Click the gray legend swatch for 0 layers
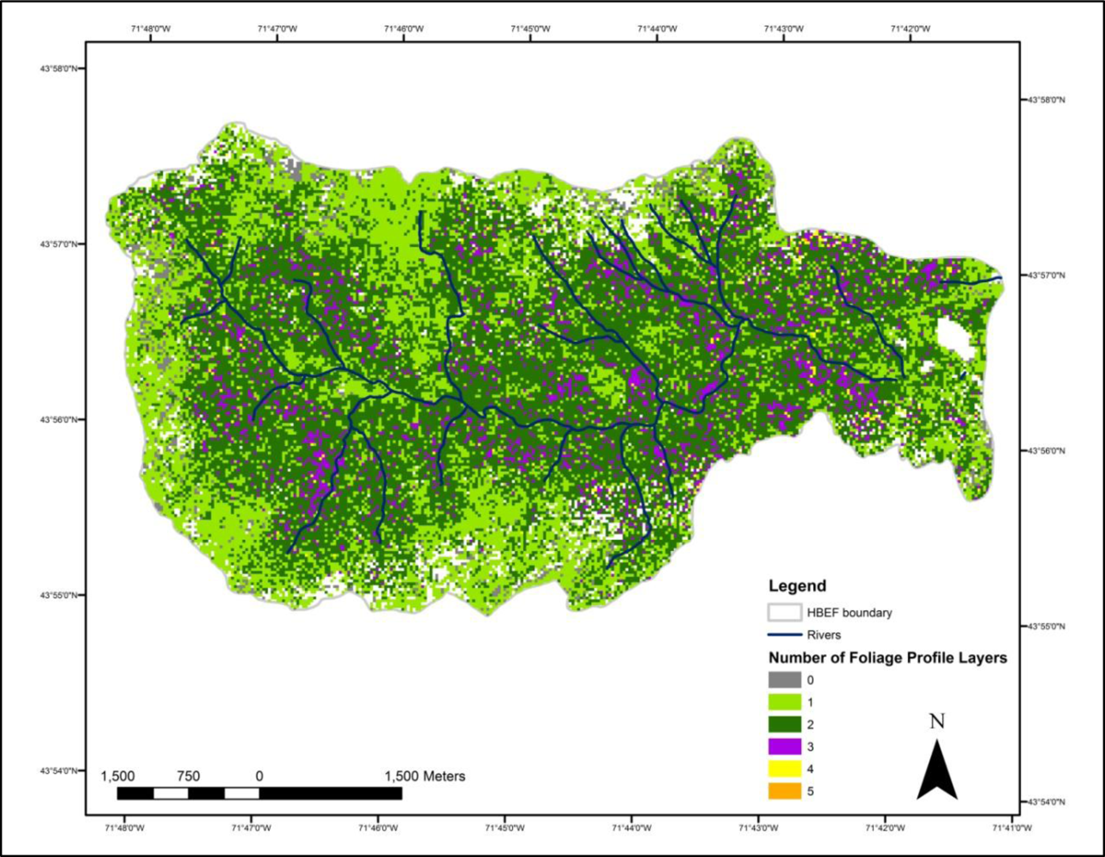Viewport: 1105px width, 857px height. [784, 680]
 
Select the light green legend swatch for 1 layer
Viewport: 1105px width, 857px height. [784, 703]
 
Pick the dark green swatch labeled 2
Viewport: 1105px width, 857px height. [784, 725]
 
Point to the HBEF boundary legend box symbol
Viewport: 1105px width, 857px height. [784, 613]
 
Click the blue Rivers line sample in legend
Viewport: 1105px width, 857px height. [784, 635]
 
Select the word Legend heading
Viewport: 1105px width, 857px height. [797, 586]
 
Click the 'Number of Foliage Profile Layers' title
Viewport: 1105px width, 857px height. [887, 658]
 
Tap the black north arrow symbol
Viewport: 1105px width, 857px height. [937, 771]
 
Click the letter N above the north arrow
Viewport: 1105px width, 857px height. [937, 722]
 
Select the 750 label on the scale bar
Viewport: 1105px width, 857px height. [188, 776]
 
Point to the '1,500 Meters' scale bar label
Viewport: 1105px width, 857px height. [425, 776]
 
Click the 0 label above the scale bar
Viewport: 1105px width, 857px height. [259, 776]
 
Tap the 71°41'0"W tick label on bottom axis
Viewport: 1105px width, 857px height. [1012, 828]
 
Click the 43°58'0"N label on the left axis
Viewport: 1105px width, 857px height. [60, 69]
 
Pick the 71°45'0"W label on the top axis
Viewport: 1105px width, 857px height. [530, 28]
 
